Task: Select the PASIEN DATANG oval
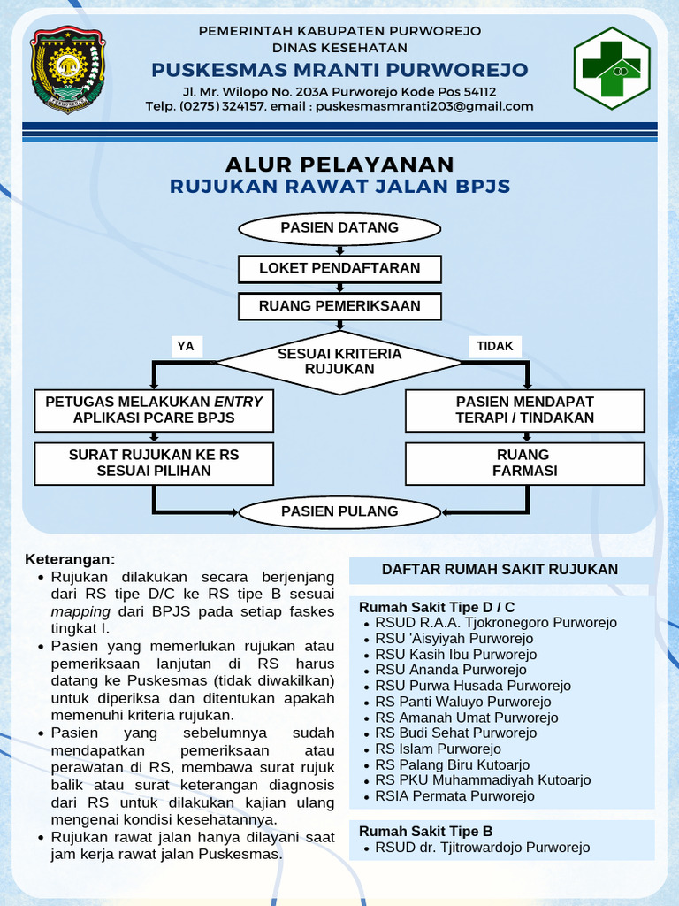[339, 228]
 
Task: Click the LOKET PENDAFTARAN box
[339, 268]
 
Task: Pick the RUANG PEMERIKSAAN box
[339, 306]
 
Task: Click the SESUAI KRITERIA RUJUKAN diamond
[339, 361]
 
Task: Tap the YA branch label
[186, 347]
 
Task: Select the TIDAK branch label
[495, 347]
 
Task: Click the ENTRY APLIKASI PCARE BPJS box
[154, 410]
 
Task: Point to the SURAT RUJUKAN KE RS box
[154, 463]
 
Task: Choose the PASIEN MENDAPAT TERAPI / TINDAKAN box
[525, 410]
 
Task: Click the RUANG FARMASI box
[525, 463]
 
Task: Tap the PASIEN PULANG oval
[339, 511]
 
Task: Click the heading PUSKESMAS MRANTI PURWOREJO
[339, 70]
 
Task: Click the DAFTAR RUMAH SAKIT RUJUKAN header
[500, 570]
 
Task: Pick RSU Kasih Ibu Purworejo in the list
[455, 655]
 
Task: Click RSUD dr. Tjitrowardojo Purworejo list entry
[482, 848]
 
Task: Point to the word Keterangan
[70, 560]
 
